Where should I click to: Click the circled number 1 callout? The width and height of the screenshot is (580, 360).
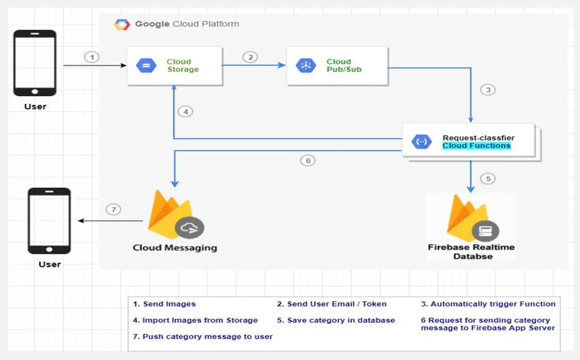coord(92,58)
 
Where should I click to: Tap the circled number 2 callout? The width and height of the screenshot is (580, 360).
coord(250,58)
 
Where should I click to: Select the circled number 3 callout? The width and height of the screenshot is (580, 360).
coord(488,90)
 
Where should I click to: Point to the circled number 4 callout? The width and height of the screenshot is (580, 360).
coord(186,112)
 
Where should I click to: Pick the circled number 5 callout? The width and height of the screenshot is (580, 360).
coord(488,179)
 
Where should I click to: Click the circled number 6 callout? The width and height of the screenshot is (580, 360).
coord(308,161)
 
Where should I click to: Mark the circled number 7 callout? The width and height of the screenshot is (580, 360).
coord(114,210)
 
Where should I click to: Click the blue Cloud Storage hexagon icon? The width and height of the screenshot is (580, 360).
coord(147,66)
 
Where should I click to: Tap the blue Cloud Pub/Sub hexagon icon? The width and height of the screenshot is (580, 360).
coord(306,66)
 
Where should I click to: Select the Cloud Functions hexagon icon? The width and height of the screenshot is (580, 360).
coord(422,142)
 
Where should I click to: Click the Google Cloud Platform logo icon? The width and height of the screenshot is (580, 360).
coord(122,25)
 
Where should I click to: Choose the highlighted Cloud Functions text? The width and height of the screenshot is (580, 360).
coord(476,146)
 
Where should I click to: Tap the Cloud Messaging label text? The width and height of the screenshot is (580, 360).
coord(175,248)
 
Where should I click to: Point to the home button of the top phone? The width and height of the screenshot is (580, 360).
coord(35,91)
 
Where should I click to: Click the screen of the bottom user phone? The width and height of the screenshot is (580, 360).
coord(49,220)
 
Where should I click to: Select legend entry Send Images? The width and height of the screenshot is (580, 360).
coord(164,304)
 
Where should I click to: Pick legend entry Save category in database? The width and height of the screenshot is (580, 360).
coord(336,320)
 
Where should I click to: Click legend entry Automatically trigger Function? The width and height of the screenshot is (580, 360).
coord(488,304)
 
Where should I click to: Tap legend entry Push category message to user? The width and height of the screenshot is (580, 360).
coord(202,337)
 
